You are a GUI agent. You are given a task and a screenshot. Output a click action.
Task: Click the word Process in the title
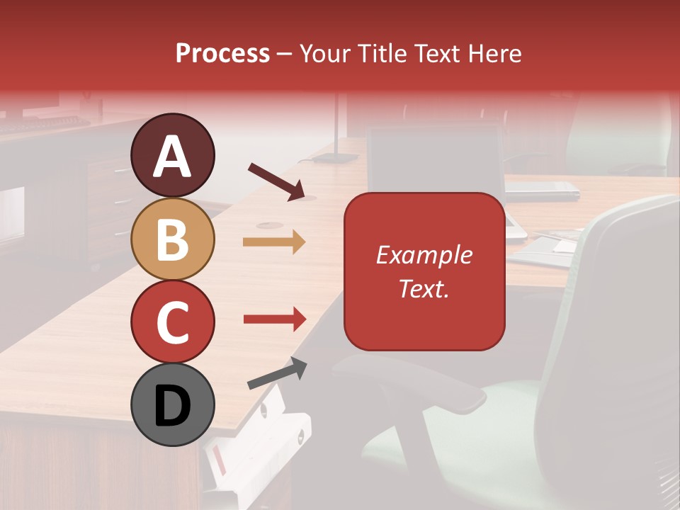(x=222, y=54)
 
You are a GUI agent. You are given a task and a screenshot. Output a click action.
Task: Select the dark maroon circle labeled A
(x=173, y=155)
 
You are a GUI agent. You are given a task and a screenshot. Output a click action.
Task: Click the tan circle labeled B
(x=173, y=239)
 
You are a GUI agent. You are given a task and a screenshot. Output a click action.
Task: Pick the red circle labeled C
(x=173, y=322)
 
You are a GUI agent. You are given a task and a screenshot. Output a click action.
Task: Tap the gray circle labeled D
(x=173, y=404)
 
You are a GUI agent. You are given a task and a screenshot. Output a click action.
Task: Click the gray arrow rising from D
(x=277, y=373)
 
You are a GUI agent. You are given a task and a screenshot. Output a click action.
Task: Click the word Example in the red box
(x=424, y=255)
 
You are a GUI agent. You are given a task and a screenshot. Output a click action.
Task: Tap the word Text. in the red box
(x=424, y=288)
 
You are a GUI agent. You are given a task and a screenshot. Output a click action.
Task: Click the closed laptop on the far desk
(x=542, y=190)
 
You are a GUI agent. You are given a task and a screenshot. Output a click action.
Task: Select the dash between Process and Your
(x=285, y=55)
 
